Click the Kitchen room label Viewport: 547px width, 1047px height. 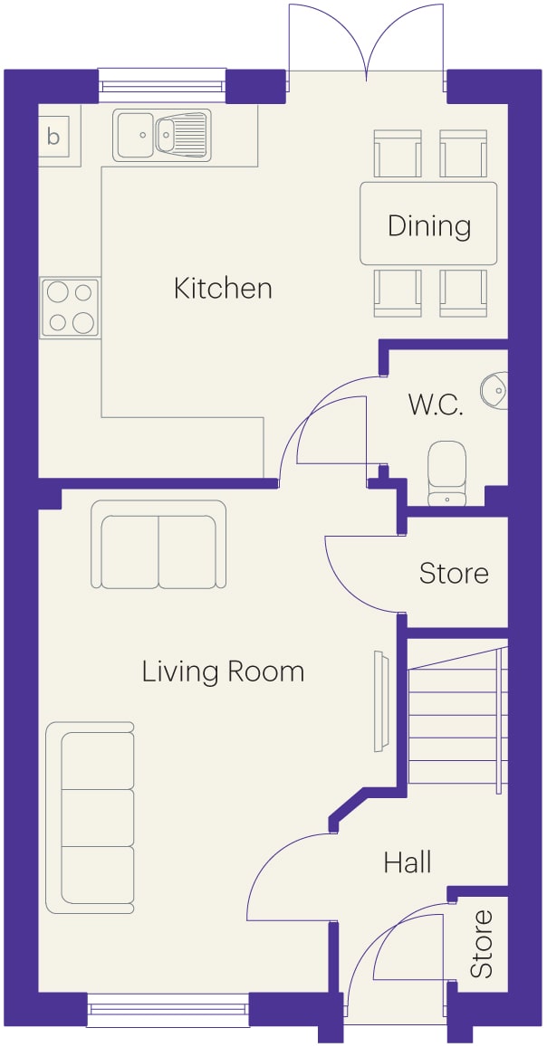click(x=223, y=290)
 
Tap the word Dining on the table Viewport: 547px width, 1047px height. click(x=428, y=225)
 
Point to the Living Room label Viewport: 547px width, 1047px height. click(x=223, y=671)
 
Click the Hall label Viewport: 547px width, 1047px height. click(x=408, y=862)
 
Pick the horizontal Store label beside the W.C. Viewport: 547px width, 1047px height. click(x=454, y=573)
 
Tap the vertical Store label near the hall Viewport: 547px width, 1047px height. click(x=481, y=944)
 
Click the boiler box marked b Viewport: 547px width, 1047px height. click(x=53, y=137)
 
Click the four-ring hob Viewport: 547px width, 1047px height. click(x=70, y=308)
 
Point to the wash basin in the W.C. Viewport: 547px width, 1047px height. click(x=494, y=388)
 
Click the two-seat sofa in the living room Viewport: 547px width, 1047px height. click(x=158, y=544)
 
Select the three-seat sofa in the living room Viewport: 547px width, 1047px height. click(x=91, y=818)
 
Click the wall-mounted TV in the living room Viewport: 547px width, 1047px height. click(x=380, y=701)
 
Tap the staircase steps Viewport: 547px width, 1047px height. click(x=458, y=716)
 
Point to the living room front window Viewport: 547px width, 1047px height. click(x=168, y=1010)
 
